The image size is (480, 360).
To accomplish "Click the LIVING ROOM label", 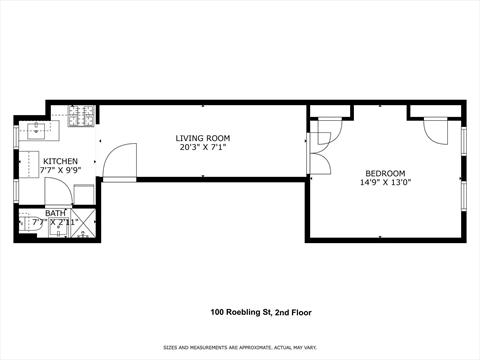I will (x=203, y=138).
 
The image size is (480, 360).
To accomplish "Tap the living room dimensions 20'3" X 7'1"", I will (x=203, y=148).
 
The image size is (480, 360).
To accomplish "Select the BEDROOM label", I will (x=384, y=172).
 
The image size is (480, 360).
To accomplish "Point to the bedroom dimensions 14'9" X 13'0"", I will (x=384, y=183).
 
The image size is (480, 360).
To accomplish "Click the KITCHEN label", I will (x=60, y=161).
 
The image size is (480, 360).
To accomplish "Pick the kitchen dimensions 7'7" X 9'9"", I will (x=60, y=171).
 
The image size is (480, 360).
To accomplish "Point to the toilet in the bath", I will (x=29, y=228).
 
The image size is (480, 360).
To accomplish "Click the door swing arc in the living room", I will (x=119, y=161).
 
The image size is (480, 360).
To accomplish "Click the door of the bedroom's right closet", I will (x=436, y=130).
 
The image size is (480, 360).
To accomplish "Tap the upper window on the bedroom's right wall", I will (x=464, y=139).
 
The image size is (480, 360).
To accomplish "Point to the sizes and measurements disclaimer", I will (x=240, y=347).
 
